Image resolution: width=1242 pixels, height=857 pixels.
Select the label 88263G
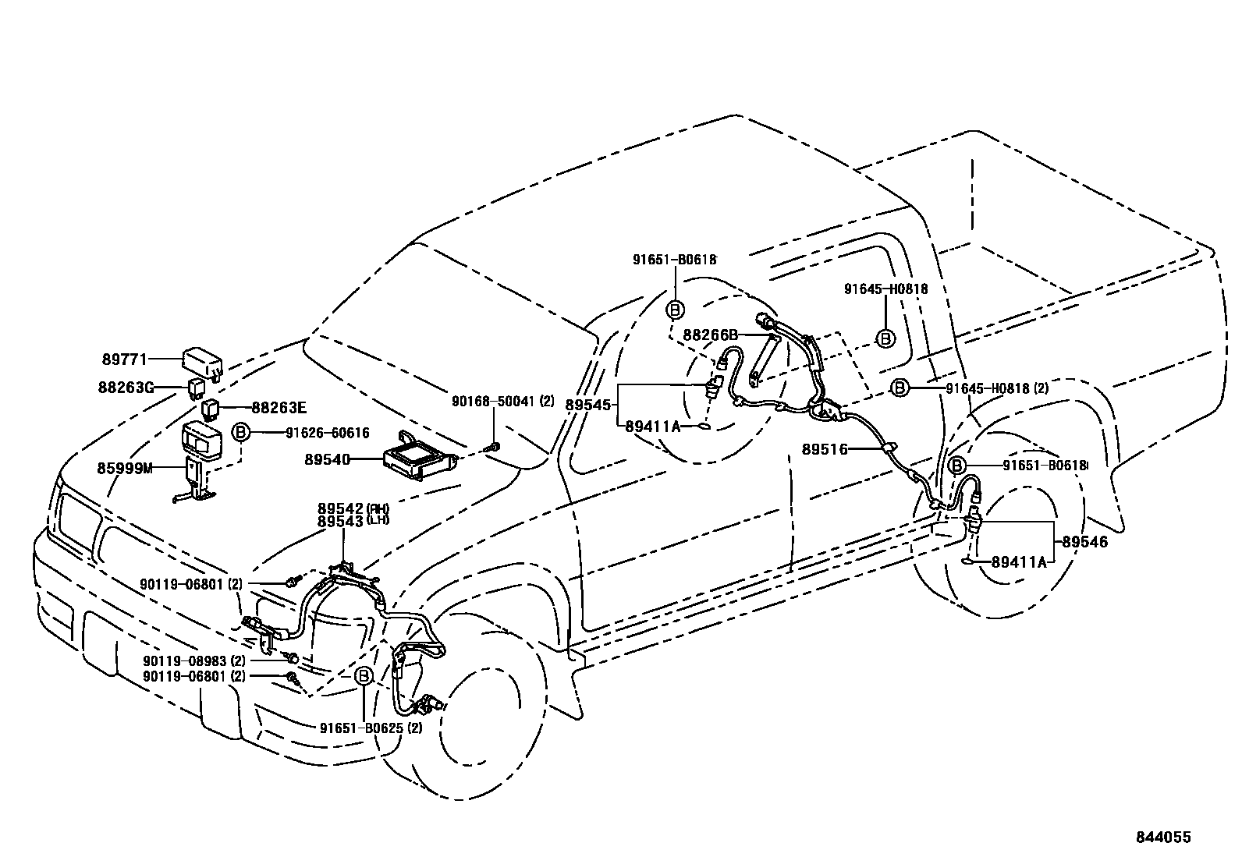(127, 386)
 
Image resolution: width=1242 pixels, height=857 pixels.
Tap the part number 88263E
(279, 407)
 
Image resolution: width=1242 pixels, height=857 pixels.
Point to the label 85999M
(125, 468)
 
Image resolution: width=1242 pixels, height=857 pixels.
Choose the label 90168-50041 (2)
(502, 402)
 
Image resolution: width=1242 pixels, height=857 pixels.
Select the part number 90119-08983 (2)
(193, 660)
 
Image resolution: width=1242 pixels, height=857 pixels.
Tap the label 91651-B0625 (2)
(371, 728)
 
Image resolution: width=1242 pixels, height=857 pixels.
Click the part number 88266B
(710, 335)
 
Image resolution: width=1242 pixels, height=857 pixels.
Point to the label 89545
(591, 405)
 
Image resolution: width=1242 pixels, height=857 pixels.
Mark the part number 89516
(826, 449)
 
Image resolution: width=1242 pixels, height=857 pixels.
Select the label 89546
(1084, 541)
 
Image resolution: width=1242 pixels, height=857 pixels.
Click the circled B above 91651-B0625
(364, 677)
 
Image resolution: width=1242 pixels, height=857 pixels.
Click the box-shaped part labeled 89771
(201, 360)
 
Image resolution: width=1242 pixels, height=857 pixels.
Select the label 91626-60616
(327, 434)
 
